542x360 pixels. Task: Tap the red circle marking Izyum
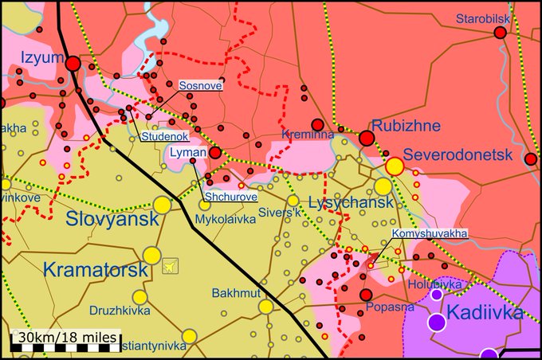73,64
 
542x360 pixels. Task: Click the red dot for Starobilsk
501,33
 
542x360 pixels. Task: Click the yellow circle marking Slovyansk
162,205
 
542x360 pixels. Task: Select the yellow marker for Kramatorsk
151,255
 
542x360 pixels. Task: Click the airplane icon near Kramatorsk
170,266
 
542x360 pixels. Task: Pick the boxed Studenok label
165,136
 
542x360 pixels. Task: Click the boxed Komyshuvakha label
429,234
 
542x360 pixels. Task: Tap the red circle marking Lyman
215,152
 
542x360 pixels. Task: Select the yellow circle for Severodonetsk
395,166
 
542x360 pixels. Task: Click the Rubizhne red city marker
367,139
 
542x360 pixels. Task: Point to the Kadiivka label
486,311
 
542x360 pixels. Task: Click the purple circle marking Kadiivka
437,323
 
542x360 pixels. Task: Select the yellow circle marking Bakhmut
265,307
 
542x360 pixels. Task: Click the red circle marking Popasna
366,295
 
